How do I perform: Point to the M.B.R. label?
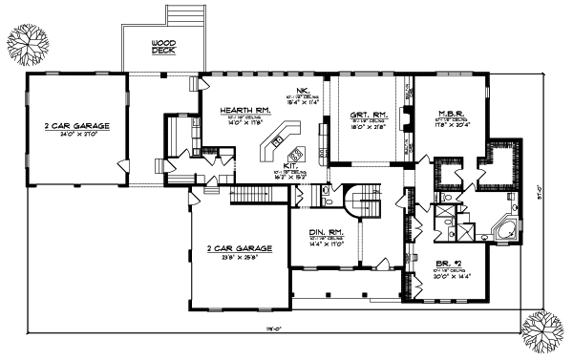pyautogui.click(x=451, y=112)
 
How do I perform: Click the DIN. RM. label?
pyautogui.click(x=326, y=232)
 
